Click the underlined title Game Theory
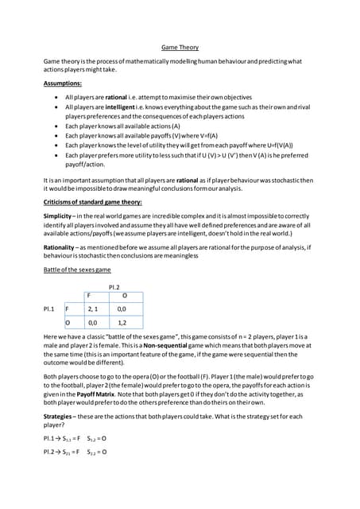pos(180,47)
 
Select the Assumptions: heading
pos(63,83)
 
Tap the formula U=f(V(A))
pos(273,145)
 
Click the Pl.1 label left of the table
pos(50,308)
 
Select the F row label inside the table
pos(68,308)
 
